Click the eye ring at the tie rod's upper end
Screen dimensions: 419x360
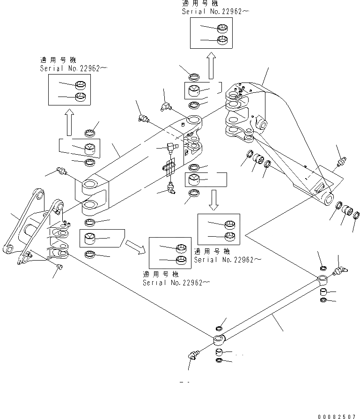pos(323,280)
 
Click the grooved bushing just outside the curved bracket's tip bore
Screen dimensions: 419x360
pos(348,210)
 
